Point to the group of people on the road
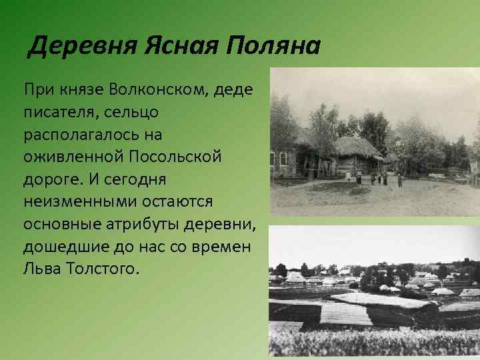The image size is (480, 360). point(378,178)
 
